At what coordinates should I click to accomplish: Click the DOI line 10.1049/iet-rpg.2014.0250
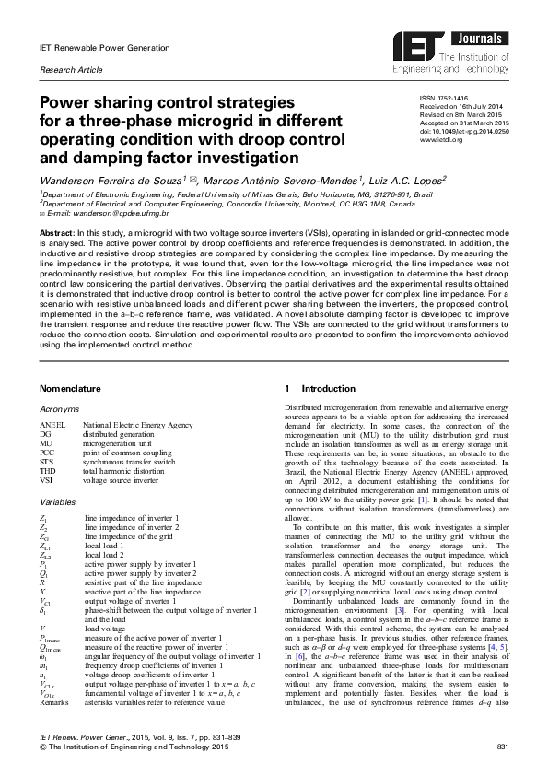click(463, 132)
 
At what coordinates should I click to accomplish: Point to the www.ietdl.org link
click(440, 140)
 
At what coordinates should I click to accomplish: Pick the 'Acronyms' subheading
click(59, 408)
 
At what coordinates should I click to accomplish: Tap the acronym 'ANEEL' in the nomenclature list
click(52, 426)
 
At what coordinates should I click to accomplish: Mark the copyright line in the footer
click(133, 746)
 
